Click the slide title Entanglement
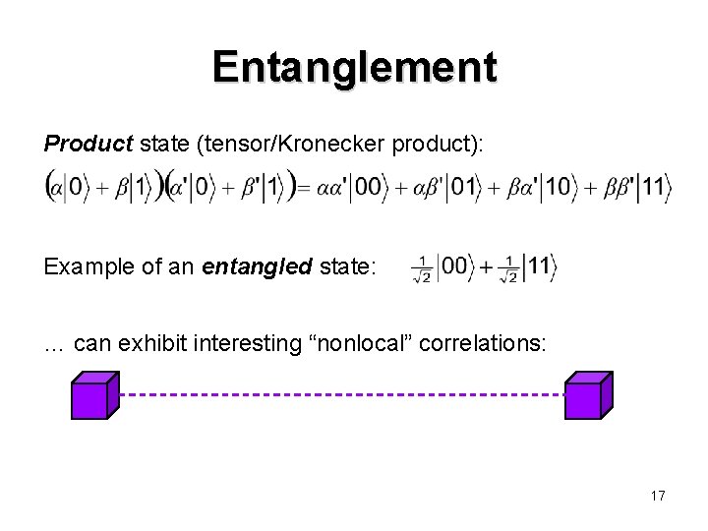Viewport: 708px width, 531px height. (x=354, y=67)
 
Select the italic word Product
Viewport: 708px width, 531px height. (x=86, y=145)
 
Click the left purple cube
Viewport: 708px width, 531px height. (x=94, y=396)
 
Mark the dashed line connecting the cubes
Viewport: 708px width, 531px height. (x=339, y=393)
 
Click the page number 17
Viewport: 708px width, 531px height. (x=657, y=496)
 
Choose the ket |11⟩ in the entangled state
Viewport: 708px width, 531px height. (x=539, y=266)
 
